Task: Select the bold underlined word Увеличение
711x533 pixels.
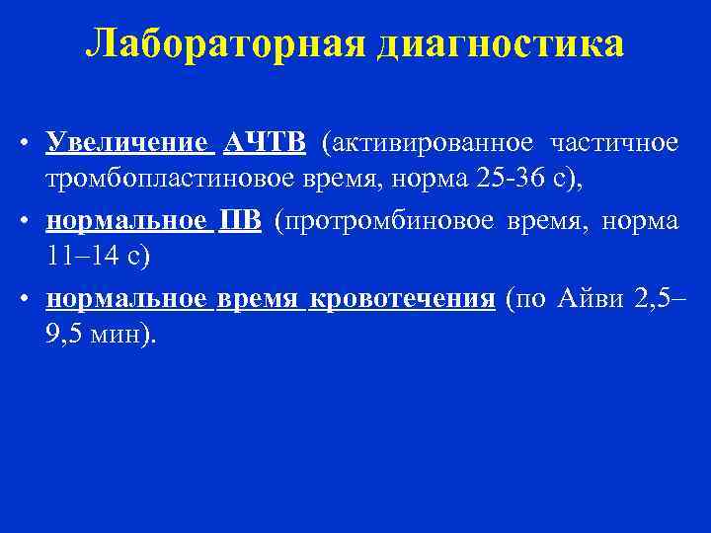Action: coord(127,144)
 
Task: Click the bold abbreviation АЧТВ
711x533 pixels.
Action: coord(264,144)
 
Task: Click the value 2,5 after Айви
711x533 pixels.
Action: coord(652,299)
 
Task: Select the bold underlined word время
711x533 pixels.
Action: coord(258,299)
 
